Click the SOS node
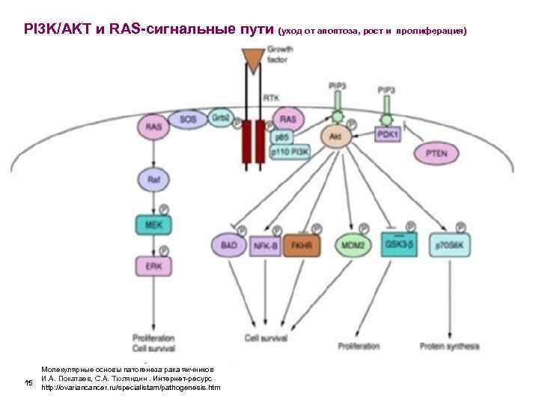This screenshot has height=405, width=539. point(184,119)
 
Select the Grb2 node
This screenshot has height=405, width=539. point(219,119)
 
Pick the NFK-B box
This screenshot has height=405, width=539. point(266,244)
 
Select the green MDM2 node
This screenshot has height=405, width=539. point(353,244)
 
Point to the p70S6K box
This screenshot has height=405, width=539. point(451,245)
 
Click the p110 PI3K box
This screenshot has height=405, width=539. point(287,153)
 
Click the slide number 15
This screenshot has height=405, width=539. point(28,384)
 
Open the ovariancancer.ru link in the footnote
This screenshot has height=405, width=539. point(131,388)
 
